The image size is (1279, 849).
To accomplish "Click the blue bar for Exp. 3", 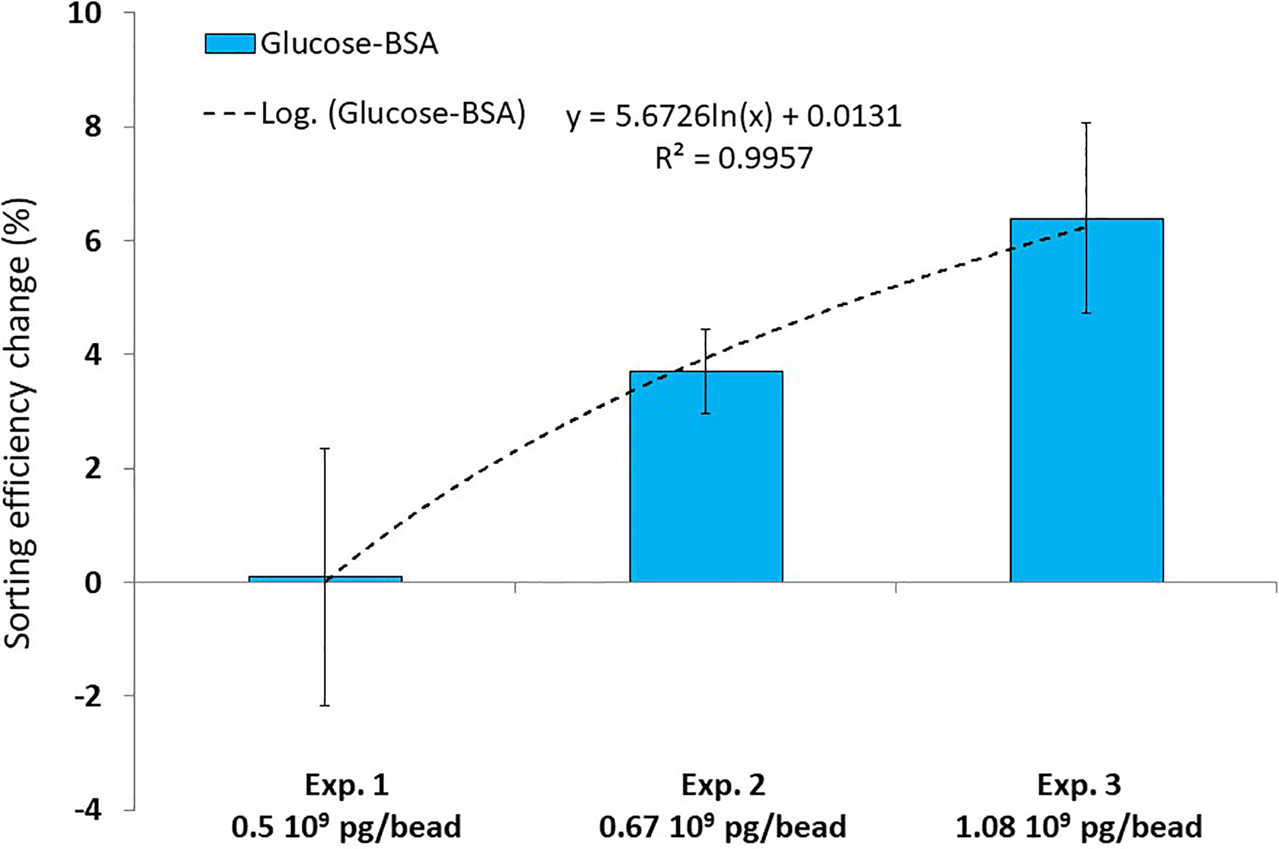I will point(1086,400).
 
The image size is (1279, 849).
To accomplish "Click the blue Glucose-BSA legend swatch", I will point(229,44).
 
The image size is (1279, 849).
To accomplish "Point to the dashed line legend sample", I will point(229,114).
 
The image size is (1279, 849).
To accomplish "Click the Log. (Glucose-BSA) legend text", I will point(393,114).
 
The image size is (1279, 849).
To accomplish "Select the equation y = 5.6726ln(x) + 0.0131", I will point(734,116).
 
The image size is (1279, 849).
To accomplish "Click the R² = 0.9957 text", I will point(734,158).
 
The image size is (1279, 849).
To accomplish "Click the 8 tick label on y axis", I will point(92,127).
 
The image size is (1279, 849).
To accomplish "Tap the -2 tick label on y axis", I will point(87,696).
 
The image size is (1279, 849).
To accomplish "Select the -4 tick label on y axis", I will point(87,810).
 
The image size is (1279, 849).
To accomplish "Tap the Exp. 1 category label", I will point(347,785).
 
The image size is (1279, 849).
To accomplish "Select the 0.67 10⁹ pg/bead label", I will point(722,827).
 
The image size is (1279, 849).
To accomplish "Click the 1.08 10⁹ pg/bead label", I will point(1078,827).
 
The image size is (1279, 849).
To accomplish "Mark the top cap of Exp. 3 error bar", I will point(1087,123).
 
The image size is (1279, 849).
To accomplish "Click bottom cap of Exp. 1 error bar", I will point(325,706).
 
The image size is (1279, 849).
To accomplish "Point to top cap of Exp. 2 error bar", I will point(706,329).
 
